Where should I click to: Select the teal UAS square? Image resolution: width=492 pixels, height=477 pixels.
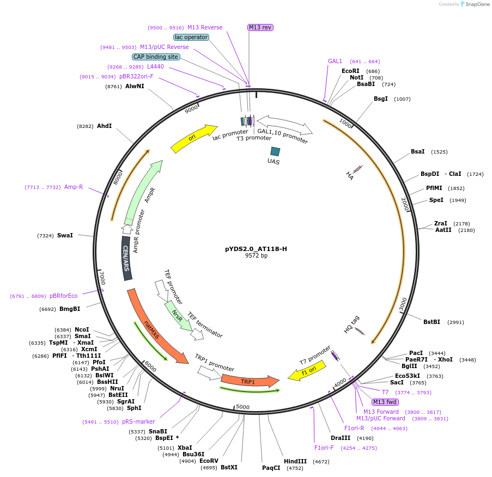click(275, 151)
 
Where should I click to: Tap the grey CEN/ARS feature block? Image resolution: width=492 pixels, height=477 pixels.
click(126, 259)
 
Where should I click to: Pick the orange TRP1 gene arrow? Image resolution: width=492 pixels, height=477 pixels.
click(248, 381)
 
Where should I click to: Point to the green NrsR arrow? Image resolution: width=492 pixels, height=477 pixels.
click(178, 316)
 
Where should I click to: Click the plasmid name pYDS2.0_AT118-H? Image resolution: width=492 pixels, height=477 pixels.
click(256, 249)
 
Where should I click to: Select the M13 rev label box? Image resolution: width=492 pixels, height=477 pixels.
click(260, 27)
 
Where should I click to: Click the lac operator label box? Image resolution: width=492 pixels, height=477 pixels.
click(191, 37)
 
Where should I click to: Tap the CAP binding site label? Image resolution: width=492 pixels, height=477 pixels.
click(156, 57)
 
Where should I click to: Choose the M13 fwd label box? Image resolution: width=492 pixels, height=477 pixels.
click(385, 402)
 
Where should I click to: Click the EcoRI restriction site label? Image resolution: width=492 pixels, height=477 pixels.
click(351, 71)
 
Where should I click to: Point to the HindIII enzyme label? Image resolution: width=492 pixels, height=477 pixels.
click(295, 461)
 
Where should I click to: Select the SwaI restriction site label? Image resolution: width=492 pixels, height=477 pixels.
click(65, 235)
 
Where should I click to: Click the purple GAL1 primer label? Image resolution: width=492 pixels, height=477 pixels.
click(335, 61)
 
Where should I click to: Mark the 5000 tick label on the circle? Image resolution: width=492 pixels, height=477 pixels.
click(242, 407)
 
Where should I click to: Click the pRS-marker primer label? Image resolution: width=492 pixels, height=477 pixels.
click(138, 421)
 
